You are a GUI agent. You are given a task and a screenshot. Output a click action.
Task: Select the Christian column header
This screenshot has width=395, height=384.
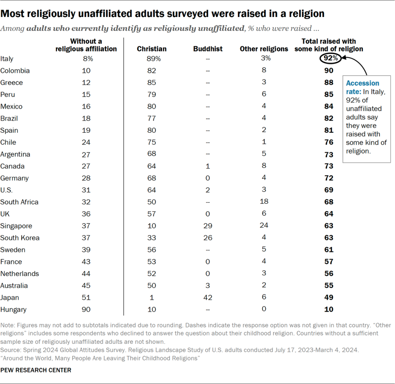pos(152,49)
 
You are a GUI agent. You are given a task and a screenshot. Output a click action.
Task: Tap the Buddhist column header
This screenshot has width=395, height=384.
pos(208,49)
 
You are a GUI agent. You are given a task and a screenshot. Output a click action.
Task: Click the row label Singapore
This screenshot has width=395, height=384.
pos(16,226)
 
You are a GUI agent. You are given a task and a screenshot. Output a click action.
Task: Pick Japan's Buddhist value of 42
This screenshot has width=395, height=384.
pos(208,298)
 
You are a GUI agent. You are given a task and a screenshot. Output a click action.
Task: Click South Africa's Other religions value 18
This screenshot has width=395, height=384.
pos(264,202)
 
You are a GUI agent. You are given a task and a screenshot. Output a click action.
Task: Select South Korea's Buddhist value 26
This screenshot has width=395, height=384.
pos(208,238)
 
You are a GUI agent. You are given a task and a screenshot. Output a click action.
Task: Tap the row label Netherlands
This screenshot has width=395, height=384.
pos(20,274)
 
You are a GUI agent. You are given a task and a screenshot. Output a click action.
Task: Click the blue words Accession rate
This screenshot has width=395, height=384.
pos(363,87)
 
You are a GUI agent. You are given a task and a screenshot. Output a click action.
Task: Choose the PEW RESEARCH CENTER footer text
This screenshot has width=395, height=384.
pos(36,370)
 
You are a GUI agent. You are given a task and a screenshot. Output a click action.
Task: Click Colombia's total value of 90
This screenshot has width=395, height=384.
pos(329,71)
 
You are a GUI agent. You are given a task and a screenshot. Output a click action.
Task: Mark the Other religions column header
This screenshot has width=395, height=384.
pos(264,49)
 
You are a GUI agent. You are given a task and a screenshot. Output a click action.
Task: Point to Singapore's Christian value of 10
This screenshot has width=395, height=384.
pos(152,226)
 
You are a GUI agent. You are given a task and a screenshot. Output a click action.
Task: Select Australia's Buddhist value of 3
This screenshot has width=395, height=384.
pos(208,286)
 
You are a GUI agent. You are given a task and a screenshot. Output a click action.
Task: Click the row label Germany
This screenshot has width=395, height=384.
pos(15,178)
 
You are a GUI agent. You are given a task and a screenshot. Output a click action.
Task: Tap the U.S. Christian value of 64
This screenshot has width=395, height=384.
pos(152,190)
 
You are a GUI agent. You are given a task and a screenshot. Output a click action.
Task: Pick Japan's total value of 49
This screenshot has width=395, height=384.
pos(329,298)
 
